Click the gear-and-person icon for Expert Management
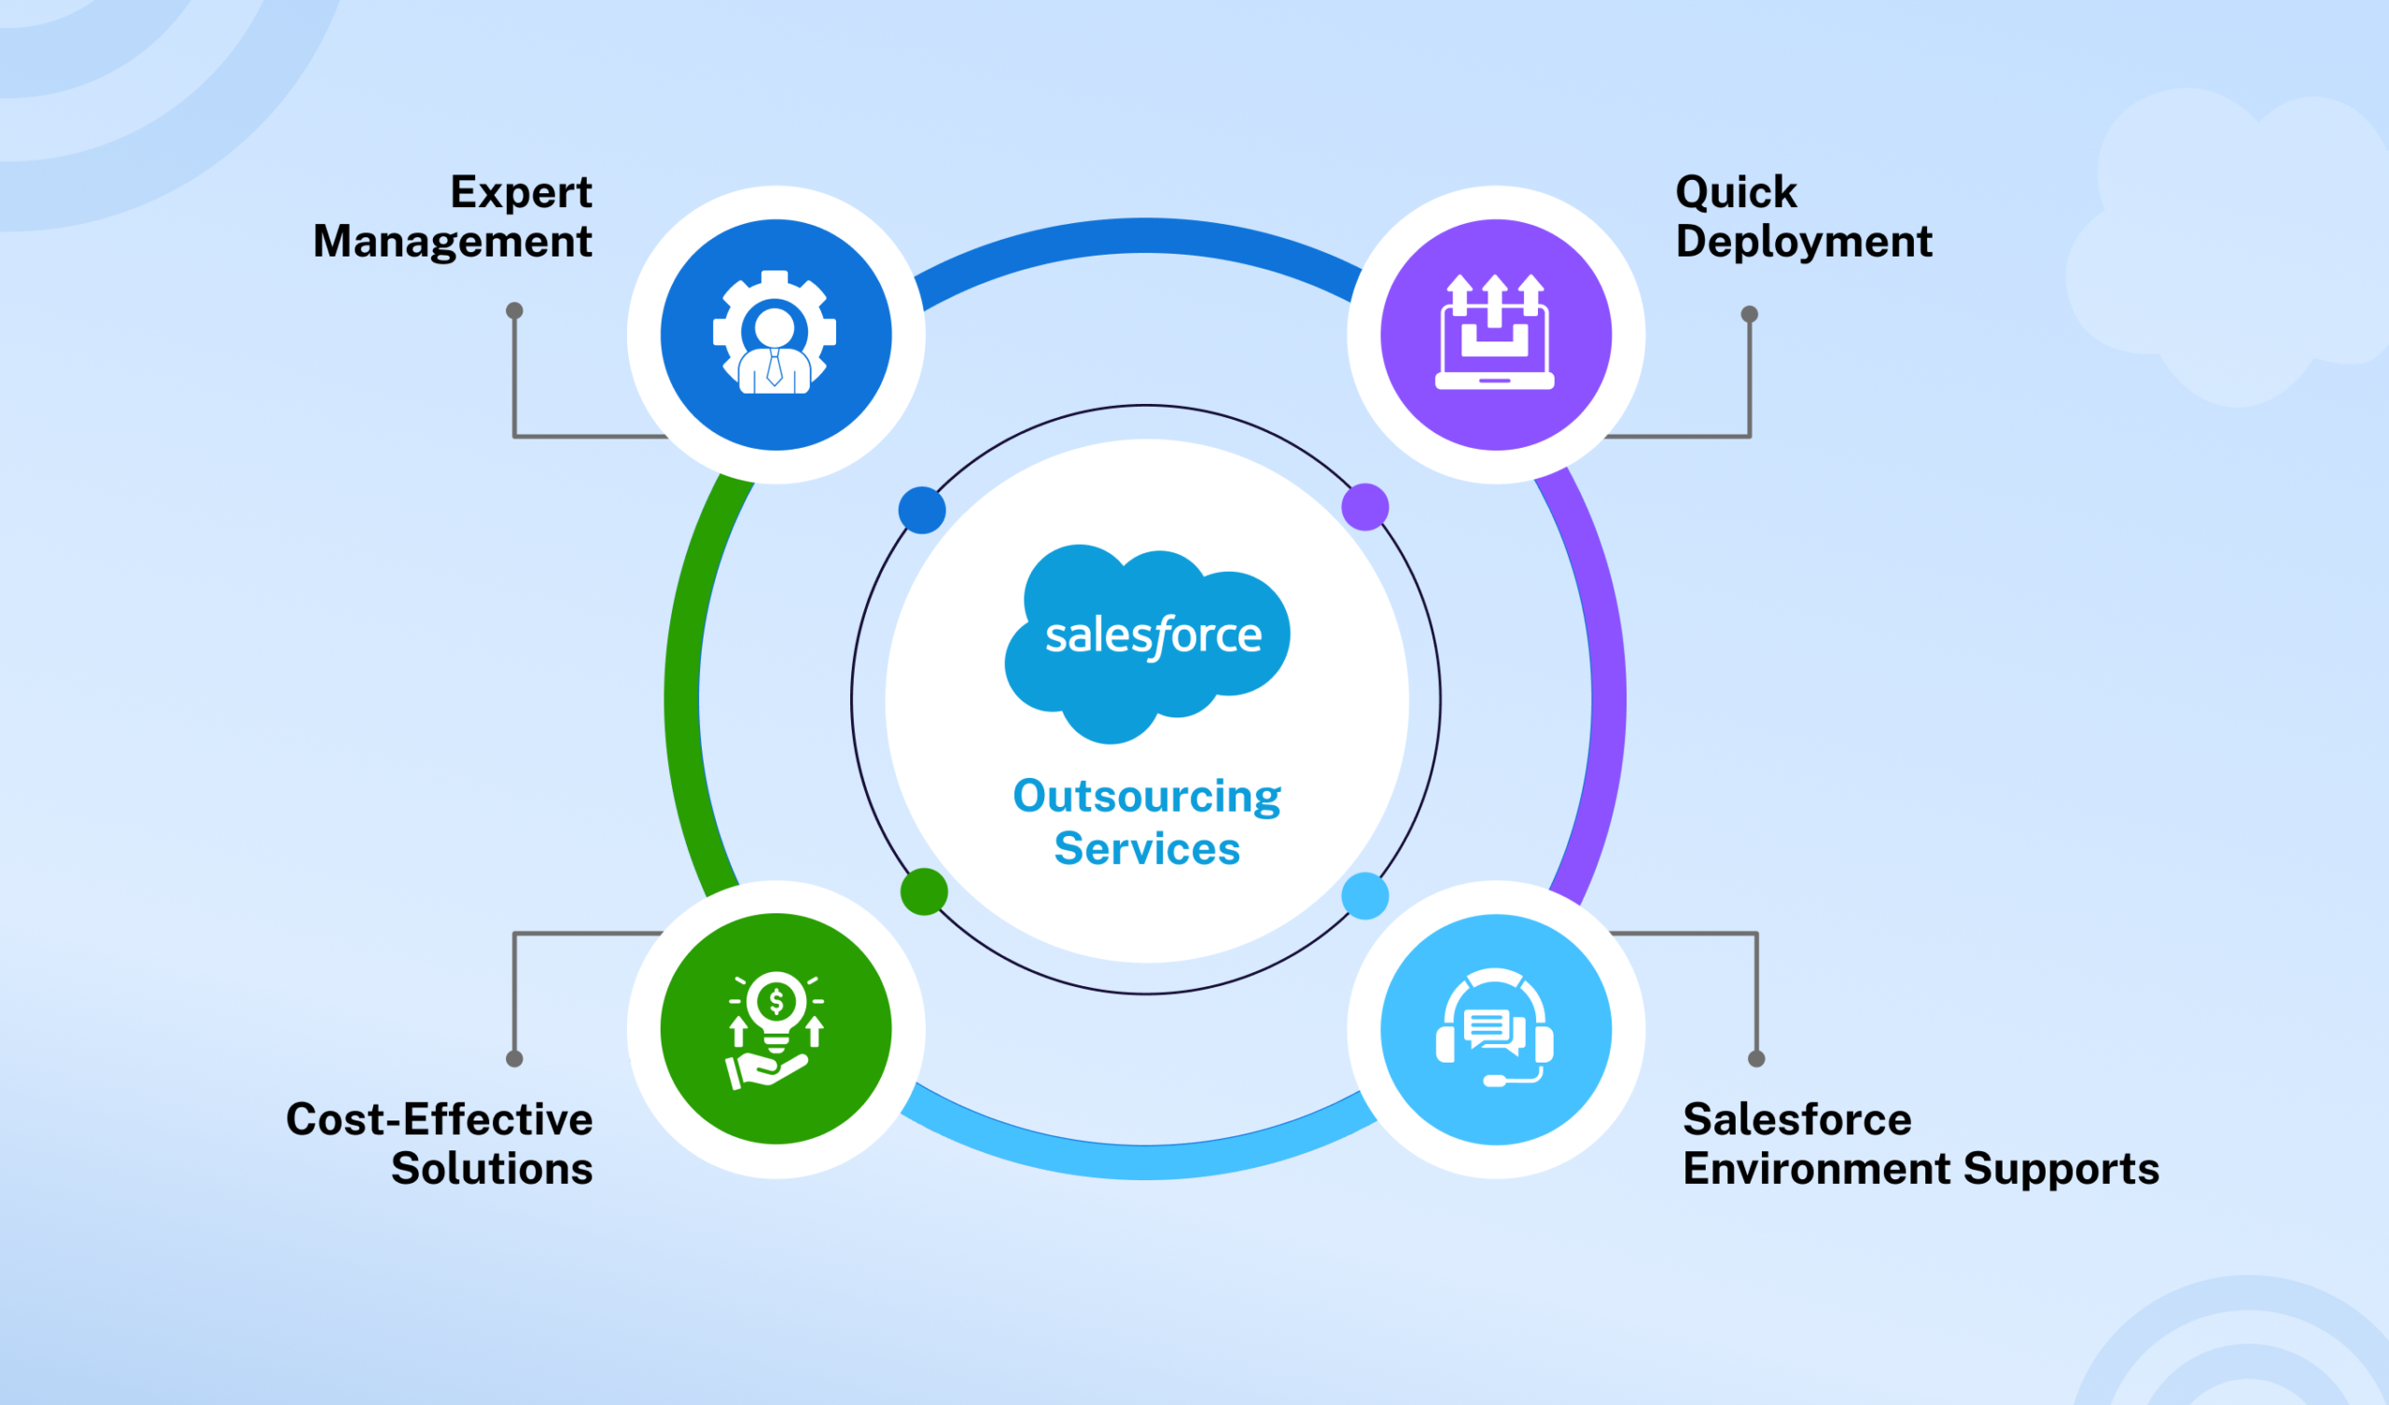[775, 333]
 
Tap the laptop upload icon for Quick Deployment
[1495, 333]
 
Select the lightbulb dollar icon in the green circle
[775, 1029]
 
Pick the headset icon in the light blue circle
[1495, 1029]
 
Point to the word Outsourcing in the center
[1147, 797]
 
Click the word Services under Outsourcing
[1147, 848]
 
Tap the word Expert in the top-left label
[521, 192]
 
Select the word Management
[453, 242]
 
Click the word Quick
[1736, 192]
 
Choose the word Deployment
[1803, 242]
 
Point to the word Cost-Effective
[439, 1120]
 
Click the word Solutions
[491, 1169]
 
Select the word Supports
[2061, 1169]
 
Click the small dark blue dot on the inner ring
[921, 510]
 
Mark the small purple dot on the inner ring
[1365, 507]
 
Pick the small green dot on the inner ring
[923, 891]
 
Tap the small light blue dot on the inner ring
[1365, 895]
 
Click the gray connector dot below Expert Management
[514, 311]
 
